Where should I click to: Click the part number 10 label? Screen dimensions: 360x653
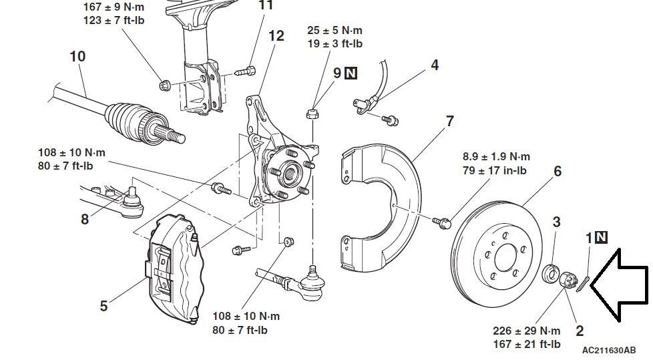tap(77, 56)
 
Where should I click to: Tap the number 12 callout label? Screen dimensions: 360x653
tap(276, 35)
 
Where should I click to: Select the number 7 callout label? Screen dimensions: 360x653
tap(450, 121)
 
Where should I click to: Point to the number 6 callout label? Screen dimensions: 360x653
tap(558, 171)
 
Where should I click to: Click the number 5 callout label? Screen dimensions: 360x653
tap(103, 307)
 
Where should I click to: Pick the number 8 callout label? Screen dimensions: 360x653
tap(85, 218)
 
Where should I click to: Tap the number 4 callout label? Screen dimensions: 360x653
tap(435, 65)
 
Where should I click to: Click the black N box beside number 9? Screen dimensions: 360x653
tap(351, 73)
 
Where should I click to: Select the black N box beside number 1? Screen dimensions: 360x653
tap(602, 236)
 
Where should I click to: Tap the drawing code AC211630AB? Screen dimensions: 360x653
tap(608, 350)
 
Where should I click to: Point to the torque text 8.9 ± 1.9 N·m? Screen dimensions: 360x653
tap(496, 157)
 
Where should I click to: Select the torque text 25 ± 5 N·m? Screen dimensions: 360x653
tap(335, 31)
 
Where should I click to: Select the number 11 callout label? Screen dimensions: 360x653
tap(265, 5)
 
